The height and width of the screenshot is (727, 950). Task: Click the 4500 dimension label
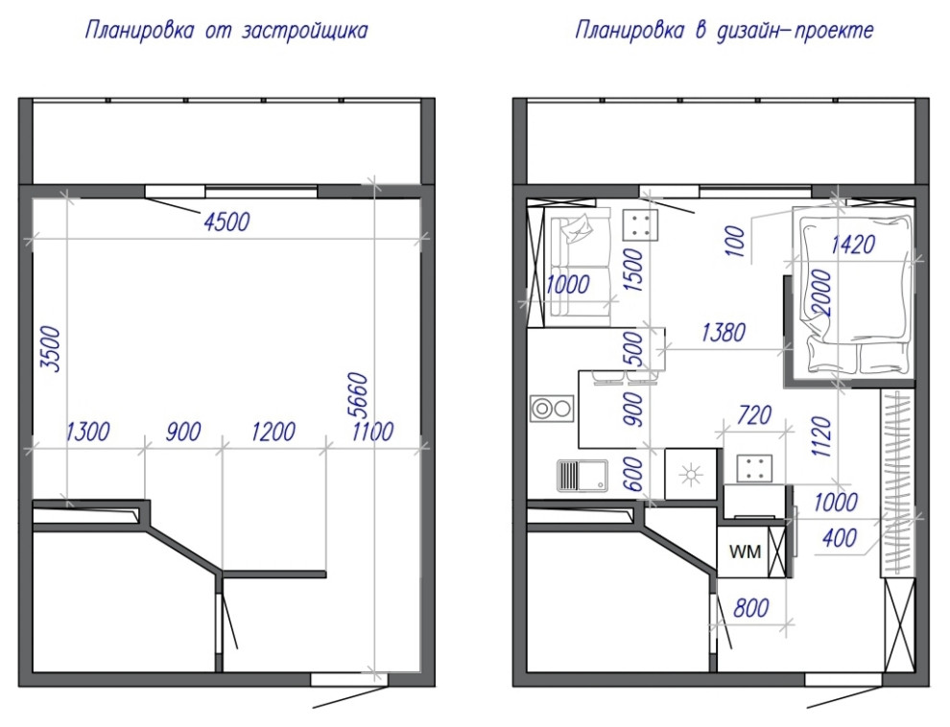pyautogui.click(x=226, y=223)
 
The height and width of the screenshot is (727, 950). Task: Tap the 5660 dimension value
pyautogui.click(x=358, y=395)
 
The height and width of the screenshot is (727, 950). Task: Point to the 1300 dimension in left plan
pyautogui.click(x=88, y=433)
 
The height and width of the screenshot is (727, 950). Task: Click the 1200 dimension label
pyautogui.click(x=273, y=433)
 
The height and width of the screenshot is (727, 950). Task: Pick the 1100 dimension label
pyautogui.click(x=372, y=433)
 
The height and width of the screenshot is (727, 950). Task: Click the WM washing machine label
pyautogui.click(x=745, y=551)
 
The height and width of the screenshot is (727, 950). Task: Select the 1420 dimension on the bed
pyautogui.click(x=853, y=245)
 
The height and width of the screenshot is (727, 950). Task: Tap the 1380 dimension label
pyautogui.click(x=723, y=332)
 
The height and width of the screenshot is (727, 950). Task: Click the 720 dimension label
pyautogui.click(x=754, y=415)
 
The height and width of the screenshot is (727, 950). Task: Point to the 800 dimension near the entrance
pyautogui.click(x=751, y=608)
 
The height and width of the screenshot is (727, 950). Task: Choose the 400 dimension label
pyautogui.click(x=840, y=537)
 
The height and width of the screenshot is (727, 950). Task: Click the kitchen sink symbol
pyautogui.click(x=582, y=476)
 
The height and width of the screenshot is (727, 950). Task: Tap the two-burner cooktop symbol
pyautogui.click(x=552, y=409)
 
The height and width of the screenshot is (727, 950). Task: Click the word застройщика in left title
pyautogui.click(x=305, y=31)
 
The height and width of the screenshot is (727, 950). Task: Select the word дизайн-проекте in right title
pyautogui.click(x=796, y=31)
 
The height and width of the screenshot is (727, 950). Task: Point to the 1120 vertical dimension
pyautogui.click(x=821, y=435)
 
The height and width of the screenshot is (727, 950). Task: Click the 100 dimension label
pyautogui.click(x=734, y=241)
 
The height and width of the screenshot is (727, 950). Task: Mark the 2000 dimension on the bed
pyautogui.click(x=821, y=293)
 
